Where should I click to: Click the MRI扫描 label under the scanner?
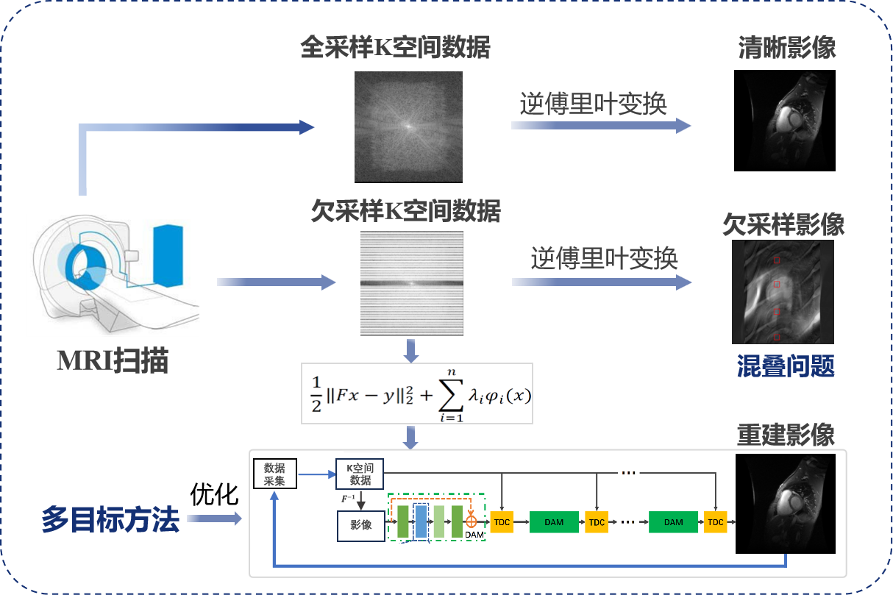(x=113, y=361)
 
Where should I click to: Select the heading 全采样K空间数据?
(x=395, y=48)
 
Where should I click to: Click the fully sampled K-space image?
(x=408, y=126)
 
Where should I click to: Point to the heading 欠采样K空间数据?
(x=405, y=212)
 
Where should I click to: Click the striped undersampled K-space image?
(x=411, y=284)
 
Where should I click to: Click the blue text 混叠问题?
(x=786, y=366)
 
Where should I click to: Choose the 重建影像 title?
(x=786, y=434)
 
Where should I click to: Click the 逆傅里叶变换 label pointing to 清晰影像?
(x=593, y=104)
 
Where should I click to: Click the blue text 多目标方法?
(x=110, y=520)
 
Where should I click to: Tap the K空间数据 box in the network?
(x=360, y=474)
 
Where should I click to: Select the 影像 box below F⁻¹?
(x=360, y=525)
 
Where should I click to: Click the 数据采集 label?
(x=275, y=474)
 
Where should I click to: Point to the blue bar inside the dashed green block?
(x=421, y=521)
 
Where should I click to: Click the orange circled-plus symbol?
(x=472, y=521)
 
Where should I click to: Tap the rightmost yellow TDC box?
(x=715, y=522)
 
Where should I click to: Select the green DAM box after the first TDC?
(x=554, y=522)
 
